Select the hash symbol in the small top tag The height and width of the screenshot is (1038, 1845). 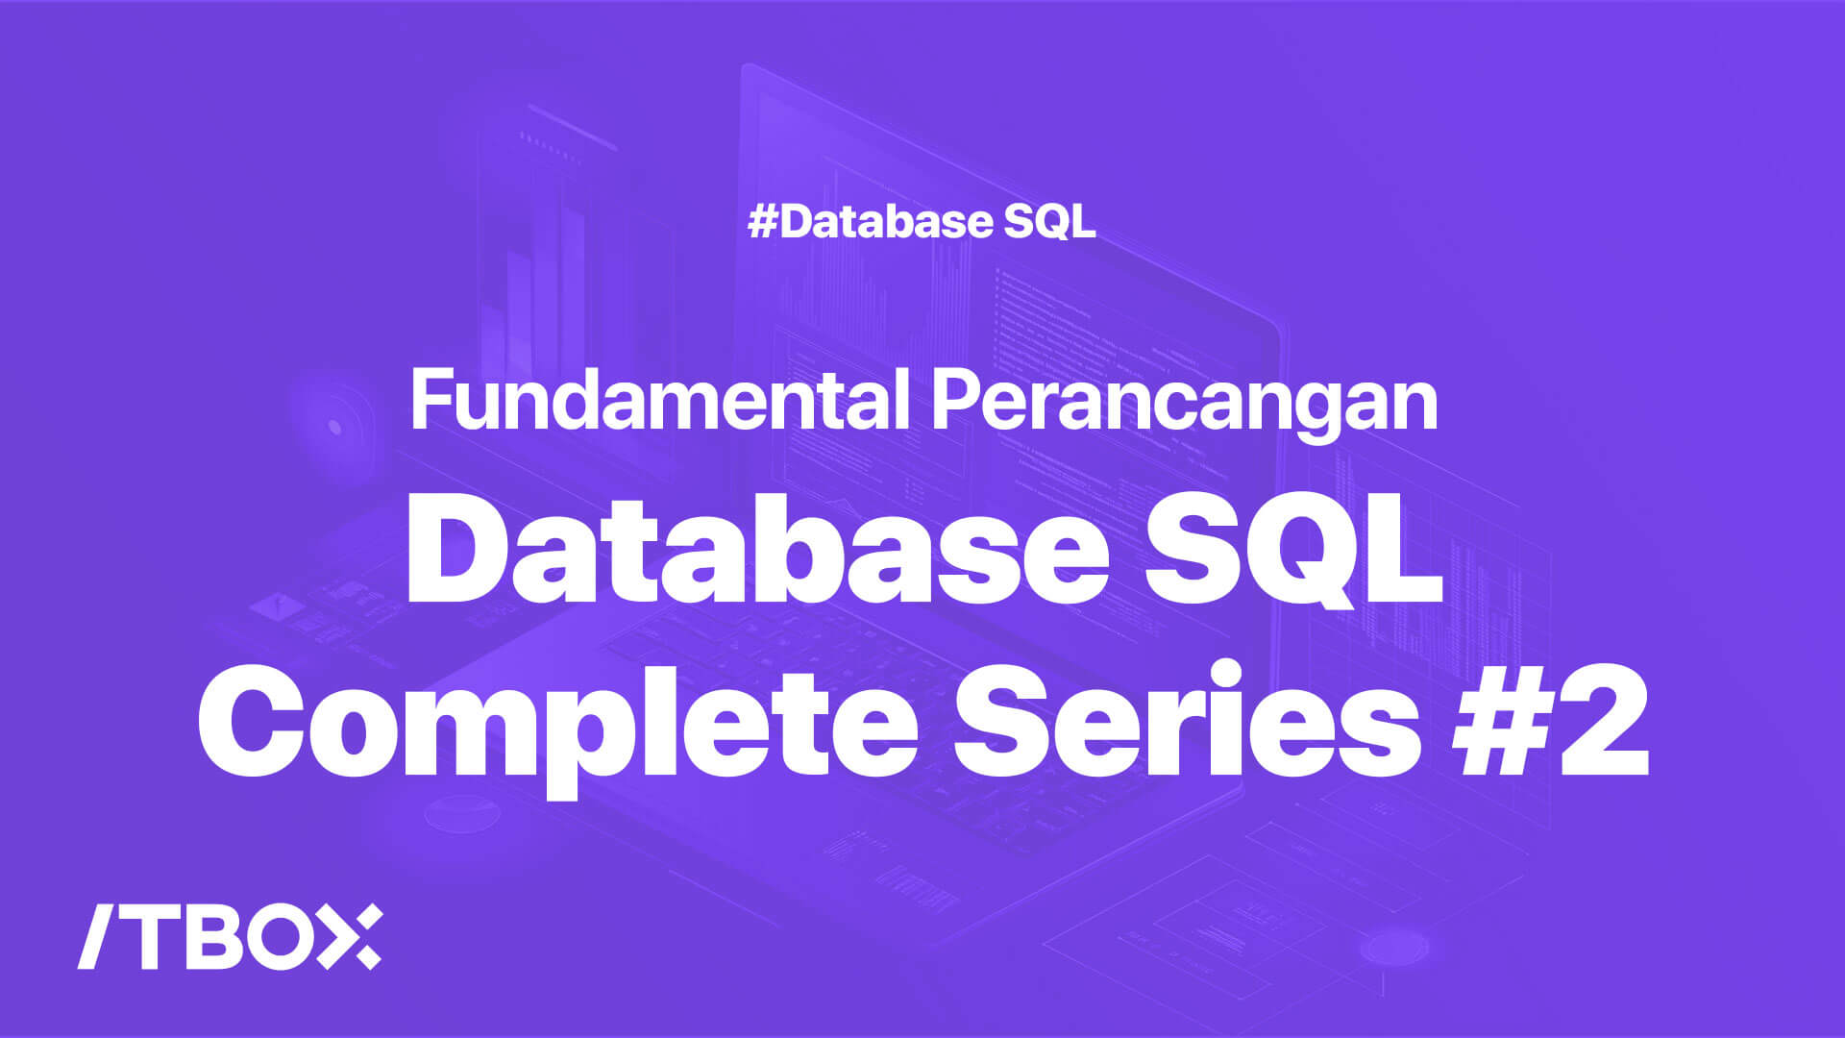pos(763,222)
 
